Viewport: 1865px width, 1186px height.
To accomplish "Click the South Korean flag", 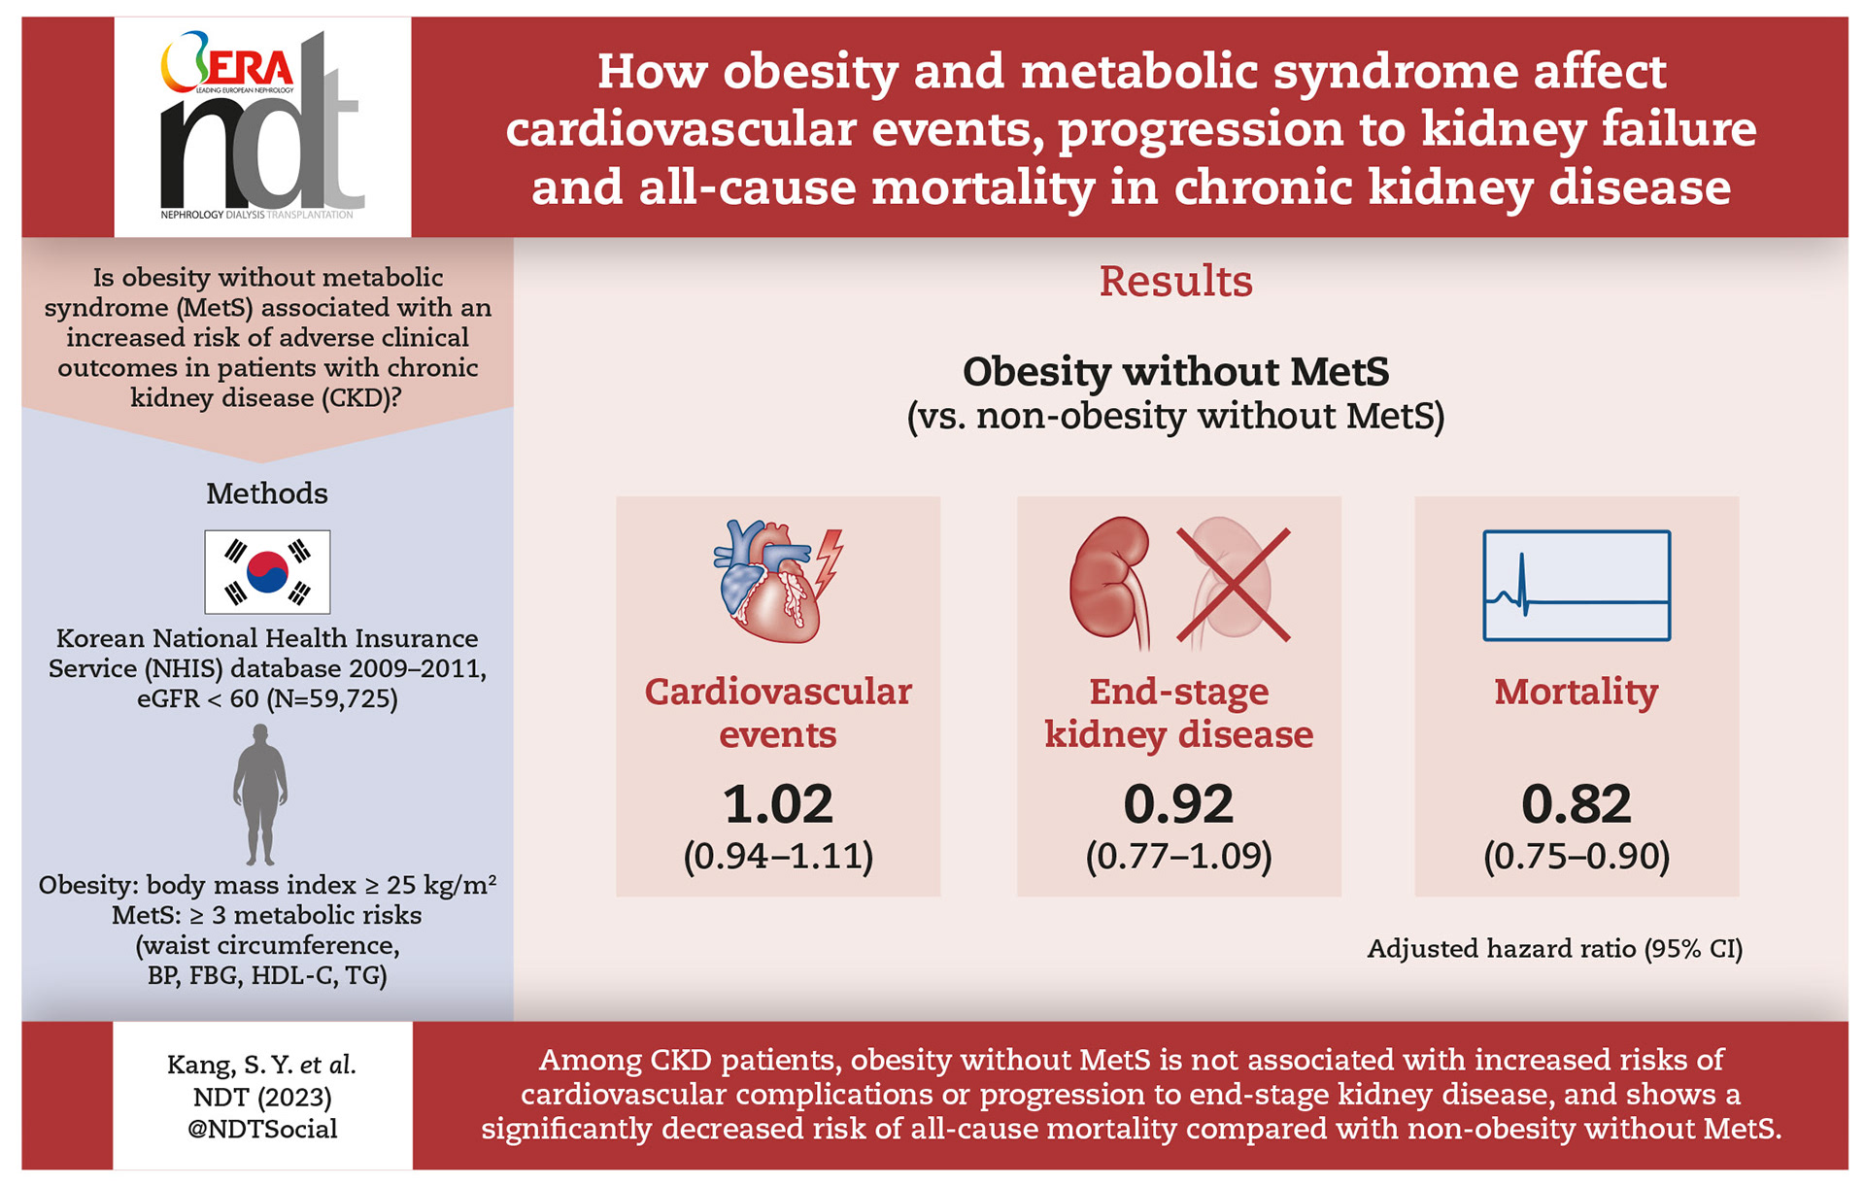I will [267, 572].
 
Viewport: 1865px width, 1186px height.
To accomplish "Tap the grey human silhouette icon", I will [260, 795].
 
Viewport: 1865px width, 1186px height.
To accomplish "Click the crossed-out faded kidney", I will [1233, 585].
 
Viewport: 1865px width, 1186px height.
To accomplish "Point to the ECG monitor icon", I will [1576, 585].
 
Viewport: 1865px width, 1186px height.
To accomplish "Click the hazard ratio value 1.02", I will [778, 804].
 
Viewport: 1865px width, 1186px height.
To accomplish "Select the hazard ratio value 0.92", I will [1178, 804].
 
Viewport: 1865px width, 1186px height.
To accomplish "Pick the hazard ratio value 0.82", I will [1576, 804].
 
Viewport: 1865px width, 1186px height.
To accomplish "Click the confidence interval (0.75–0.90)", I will [1576, 856].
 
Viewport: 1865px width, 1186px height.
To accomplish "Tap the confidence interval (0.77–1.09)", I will [1178, 856].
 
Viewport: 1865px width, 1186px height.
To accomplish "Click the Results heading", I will [1175, 282].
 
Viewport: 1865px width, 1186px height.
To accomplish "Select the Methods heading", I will [267, 493].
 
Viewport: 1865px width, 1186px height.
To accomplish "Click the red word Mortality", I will [1576, 692].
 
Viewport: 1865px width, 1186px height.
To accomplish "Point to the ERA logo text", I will [248, 68].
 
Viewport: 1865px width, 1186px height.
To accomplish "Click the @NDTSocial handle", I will [262, 1129].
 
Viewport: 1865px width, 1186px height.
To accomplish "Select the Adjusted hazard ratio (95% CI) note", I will [1554, 949].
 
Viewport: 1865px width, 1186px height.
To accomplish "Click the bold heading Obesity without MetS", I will [1175, 372].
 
